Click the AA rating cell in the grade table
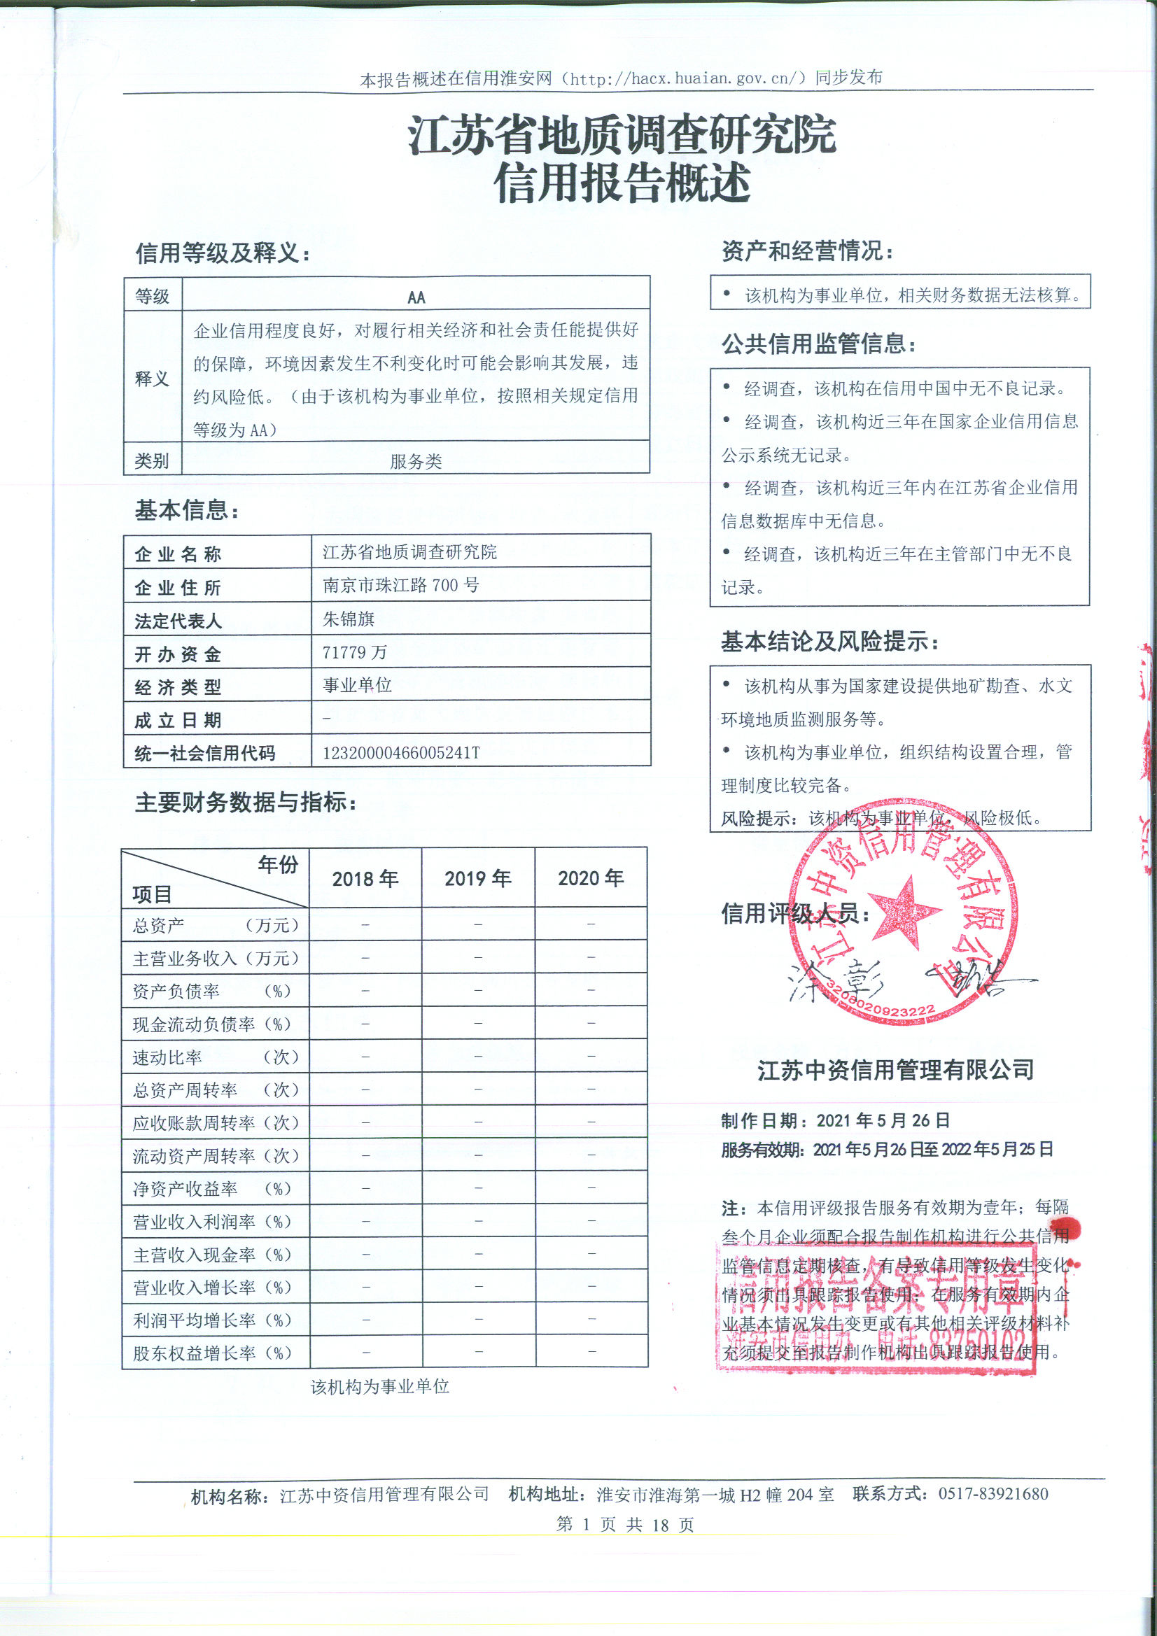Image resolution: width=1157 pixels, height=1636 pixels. coord(416,297)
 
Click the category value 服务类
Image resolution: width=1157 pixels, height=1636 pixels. coord(416,461)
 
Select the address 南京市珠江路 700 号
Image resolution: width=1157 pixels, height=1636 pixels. coord(400,586)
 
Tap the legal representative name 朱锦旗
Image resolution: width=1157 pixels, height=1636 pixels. coord(349,619)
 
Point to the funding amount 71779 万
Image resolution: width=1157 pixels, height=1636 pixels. coord(354,652)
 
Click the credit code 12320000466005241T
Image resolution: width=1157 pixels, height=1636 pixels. coord(401,752)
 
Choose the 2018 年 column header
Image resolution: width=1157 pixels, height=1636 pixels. coord(365,879)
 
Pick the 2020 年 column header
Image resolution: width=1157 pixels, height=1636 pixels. coord(591,878)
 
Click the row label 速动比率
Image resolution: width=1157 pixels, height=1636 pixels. coord(167,1057)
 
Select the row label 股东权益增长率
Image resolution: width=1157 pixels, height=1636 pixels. coord(194,1353)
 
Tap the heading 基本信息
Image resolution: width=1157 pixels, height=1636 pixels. coord(187,510)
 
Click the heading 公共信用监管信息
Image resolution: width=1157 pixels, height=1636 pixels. coord(818,344)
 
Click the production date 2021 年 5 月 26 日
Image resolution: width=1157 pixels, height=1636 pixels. coord(883,1120)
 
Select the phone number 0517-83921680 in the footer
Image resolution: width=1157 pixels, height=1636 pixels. coord(993,1493)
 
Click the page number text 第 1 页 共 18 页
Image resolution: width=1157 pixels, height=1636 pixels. coord(624,1524)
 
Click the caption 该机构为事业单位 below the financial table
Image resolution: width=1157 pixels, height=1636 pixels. coord(379,1387)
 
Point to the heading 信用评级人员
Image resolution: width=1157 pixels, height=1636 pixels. coord(795,913)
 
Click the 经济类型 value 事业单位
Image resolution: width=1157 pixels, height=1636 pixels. coord(357,686)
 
